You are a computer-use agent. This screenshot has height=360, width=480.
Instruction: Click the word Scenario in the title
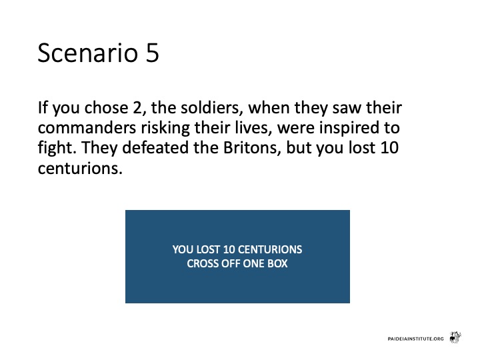pyautogui.click(x=88, y=53)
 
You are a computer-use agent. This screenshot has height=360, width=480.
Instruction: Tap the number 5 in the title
pyautogui.click(x=153, y=53)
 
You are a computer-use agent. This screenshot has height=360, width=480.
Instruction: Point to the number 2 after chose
pyautogui.click(x=137, y=108)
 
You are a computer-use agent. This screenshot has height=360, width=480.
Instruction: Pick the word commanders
pyautogui.click(x=87, y=127)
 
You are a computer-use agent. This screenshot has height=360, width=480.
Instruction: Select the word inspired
pyautogui.click(x=347, y=128)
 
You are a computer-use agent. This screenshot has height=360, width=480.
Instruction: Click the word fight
pyautogui.click(x=57, y=148)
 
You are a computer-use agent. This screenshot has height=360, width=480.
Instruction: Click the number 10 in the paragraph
pyautogui.click(x=389, y=148)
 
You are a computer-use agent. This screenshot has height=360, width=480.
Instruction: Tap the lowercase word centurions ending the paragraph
pyautogui.click(x=80, y=169)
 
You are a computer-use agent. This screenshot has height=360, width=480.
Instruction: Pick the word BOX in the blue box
pyautogui.click(x=277, y=263)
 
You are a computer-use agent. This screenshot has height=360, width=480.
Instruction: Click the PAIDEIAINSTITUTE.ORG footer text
pyautogui.click(x=415, y=339)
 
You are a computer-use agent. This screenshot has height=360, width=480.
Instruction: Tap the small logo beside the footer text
pyautogui.click(x=455, y=337)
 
